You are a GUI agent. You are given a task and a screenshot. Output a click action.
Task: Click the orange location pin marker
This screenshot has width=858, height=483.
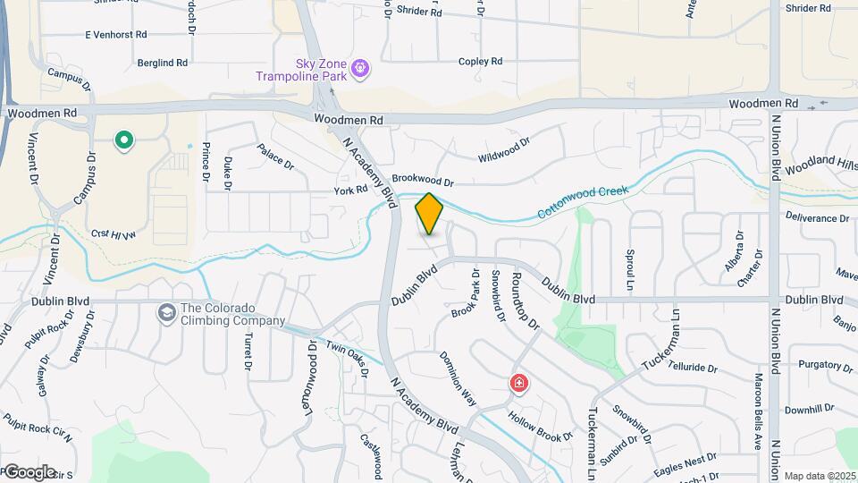point(429,213)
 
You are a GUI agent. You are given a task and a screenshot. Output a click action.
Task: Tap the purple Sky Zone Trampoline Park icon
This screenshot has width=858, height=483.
point(360,67)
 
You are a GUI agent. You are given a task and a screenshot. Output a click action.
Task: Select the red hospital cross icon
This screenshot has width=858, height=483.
point(518,384)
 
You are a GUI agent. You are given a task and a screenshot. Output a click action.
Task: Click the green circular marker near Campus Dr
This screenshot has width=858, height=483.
point(124,140)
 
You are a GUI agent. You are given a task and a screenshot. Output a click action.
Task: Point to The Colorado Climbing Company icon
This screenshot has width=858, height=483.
point(166,312)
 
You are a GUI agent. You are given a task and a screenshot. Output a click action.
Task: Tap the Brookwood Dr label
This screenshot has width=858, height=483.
point(423,180)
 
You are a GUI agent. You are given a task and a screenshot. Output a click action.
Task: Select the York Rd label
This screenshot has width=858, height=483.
point(351,190)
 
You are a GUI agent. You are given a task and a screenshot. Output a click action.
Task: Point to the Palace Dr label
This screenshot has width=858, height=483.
point(275,155)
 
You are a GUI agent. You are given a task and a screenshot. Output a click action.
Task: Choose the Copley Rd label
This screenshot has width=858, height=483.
point(480,62)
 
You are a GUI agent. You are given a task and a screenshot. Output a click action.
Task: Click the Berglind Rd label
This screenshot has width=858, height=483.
point(163,64)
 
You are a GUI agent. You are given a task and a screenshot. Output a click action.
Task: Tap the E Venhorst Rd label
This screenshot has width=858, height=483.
point(115,35)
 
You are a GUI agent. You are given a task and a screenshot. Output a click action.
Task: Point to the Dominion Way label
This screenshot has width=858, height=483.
point(456,375)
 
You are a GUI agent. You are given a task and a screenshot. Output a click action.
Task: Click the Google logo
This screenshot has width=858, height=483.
point(29,471)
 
